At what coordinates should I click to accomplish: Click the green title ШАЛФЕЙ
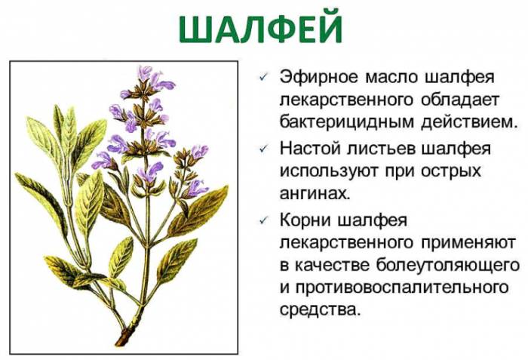click(261, 29)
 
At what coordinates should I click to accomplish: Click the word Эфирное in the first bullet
click(315, 78)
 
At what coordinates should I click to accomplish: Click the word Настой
click(309, 149)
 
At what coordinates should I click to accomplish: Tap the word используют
click(327, 171)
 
